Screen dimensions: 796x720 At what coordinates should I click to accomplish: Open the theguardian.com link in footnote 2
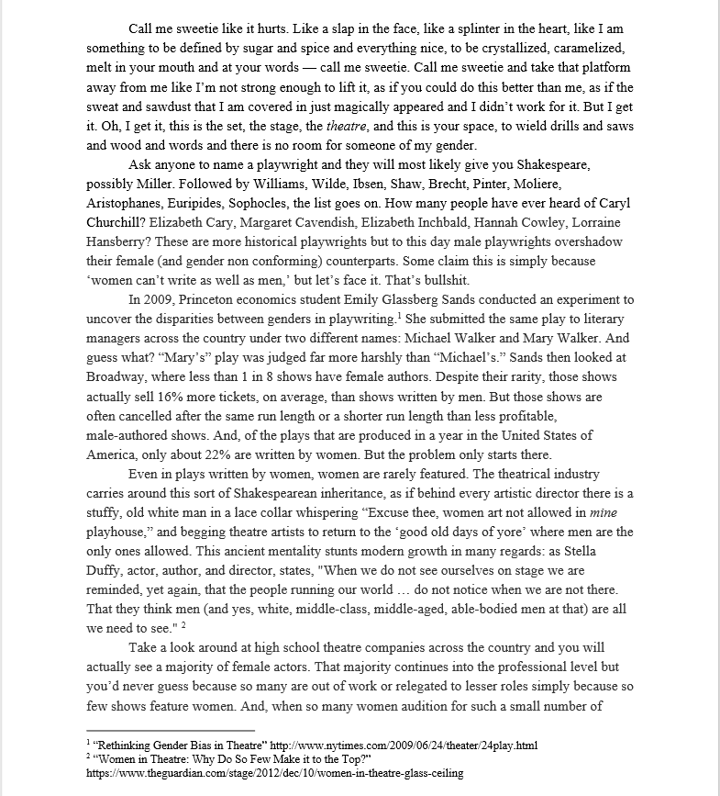(274, 773)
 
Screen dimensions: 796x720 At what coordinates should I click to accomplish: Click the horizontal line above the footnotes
(170, 730)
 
